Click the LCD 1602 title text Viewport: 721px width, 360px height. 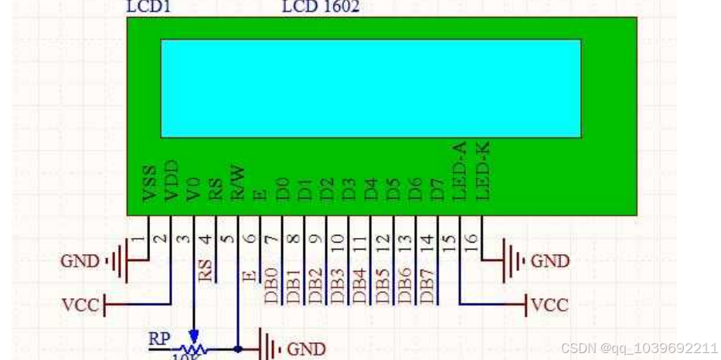point(320,7)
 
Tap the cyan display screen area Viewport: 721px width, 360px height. point(370,88)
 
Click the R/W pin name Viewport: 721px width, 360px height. point(239,181)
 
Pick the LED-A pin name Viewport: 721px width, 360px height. point(460,172)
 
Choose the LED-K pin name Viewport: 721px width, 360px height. point(483,172)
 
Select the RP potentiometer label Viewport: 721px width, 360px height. point(159,338)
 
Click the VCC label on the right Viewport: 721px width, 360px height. point(550,305)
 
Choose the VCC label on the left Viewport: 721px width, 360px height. point(80,305)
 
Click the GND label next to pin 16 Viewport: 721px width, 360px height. point(550,261)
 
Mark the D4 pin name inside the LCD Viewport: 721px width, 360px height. point(372,188)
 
